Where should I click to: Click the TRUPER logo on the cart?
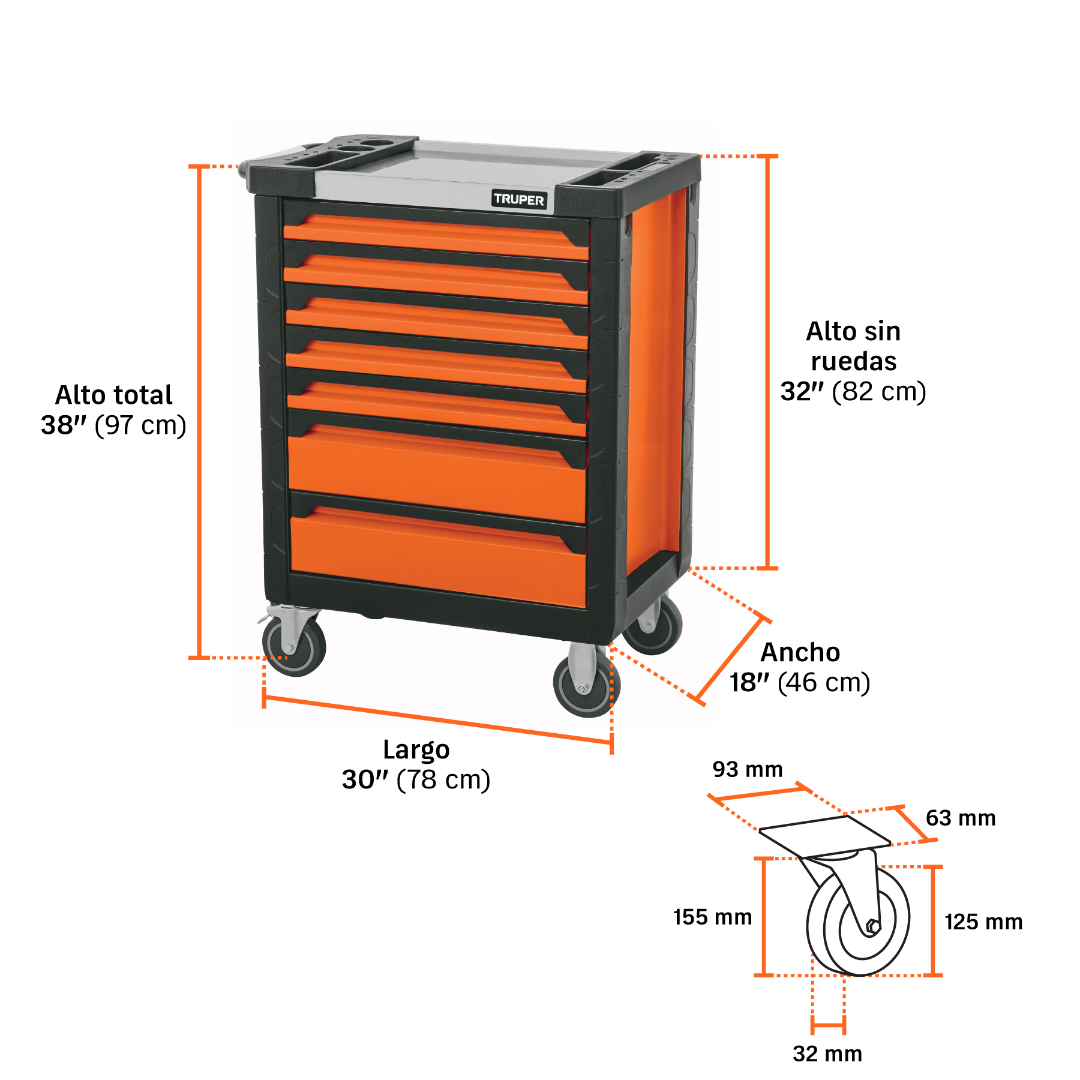click(519, 199)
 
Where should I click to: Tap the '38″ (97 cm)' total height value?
click(113, 425)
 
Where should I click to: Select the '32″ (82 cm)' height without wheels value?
click(853, 392)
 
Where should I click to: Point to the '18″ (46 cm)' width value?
click(800, 683)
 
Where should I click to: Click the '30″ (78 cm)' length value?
click(416, 780)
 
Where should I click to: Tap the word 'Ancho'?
click(800, 653)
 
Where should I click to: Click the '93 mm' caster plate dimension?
click(748, 770)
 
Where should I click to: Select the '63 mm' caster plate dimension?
click(961, 818)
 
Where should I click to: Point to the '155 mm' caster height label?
click(713, 917)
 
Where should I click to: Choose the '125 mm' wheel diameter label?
click(984, 922)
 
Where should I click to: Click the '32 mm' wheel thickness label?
click(827, 1054)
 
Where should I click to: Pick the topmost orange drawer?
click(436, 236)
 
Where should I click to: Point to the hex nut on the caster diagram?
click(873, 927)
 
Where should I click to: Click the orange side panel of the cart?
click(657, 378)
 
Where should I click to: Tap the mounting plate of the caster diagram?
click(825, 836)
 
